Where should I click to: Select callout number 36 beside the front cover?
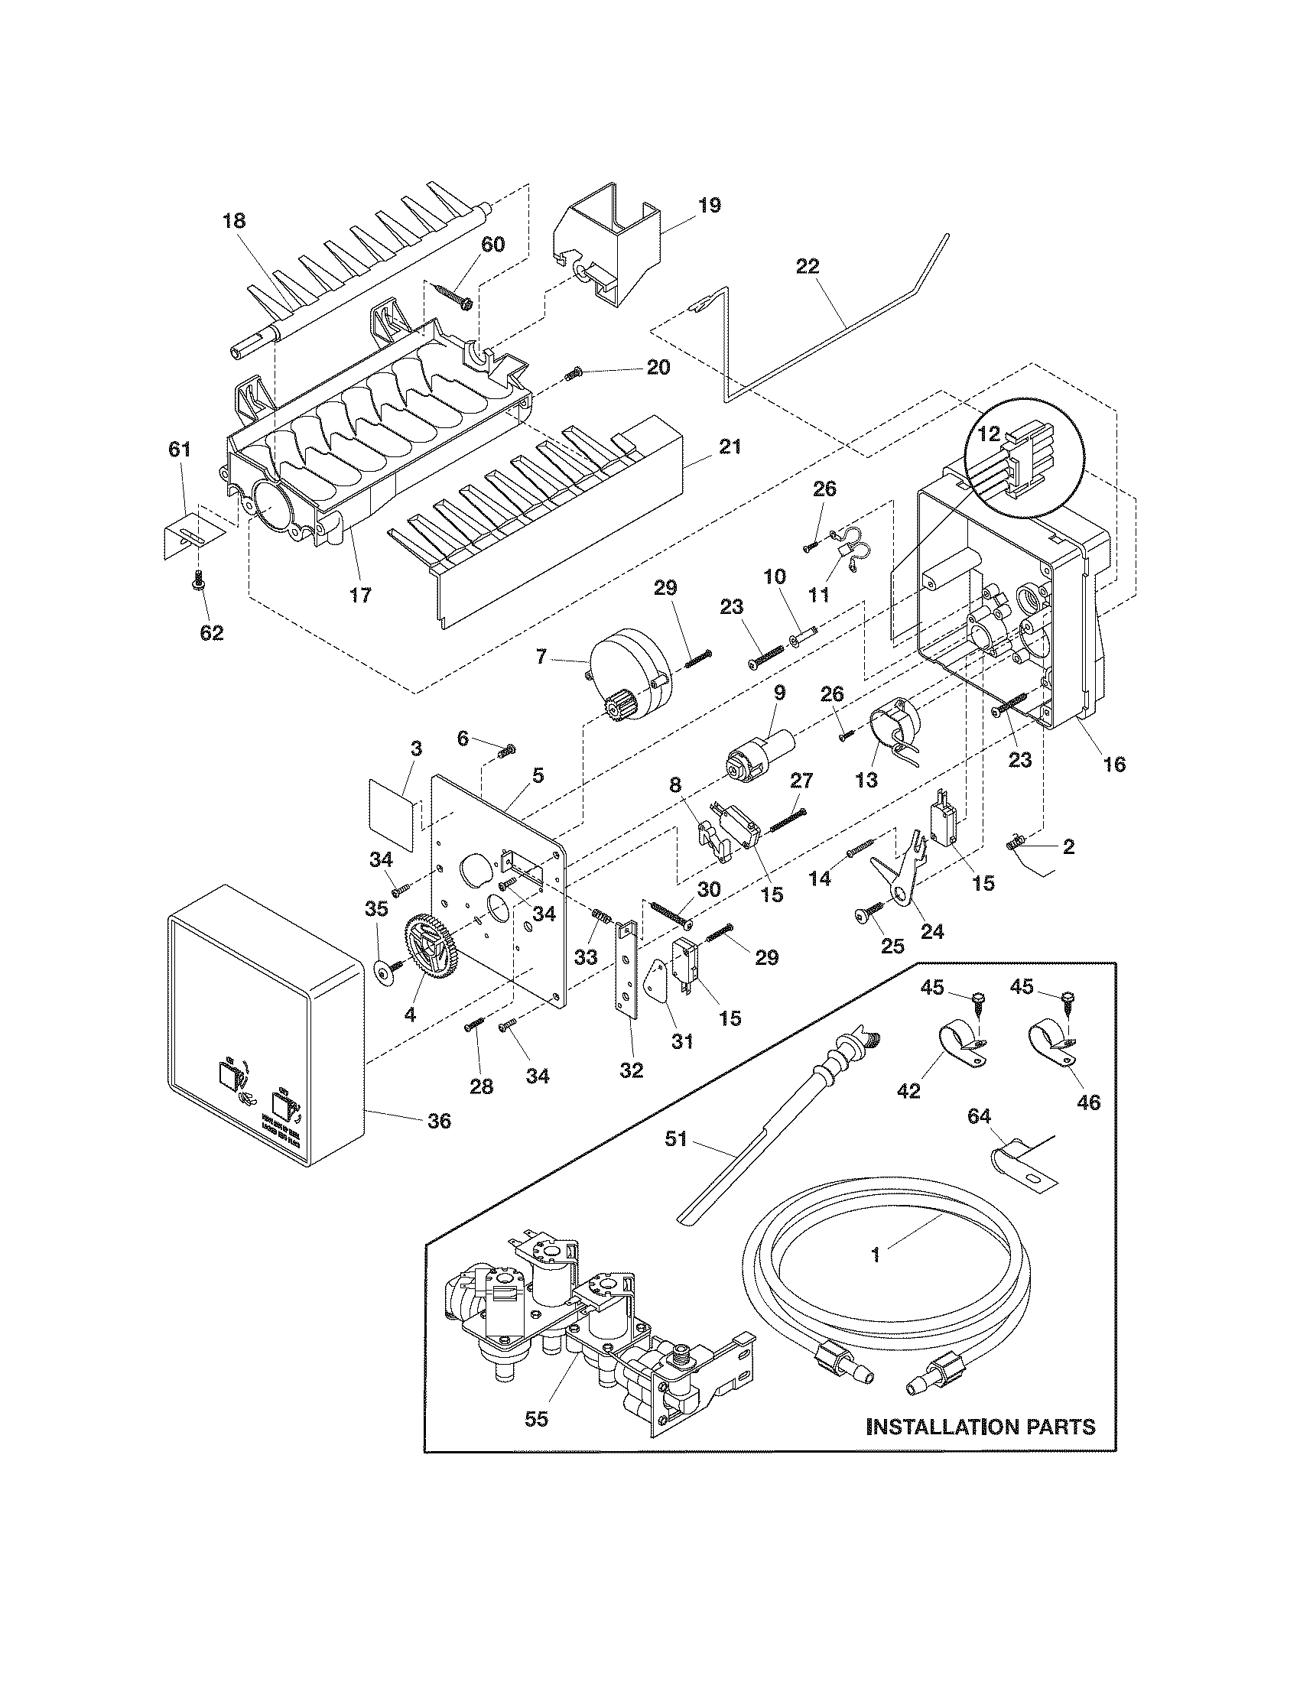[439, 1122]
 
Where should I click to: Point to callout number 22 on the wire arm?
[808, 268]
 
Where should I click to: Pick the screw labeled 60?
[454, 296]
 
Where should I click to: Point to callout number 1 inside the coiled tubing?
[876, 1255]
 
